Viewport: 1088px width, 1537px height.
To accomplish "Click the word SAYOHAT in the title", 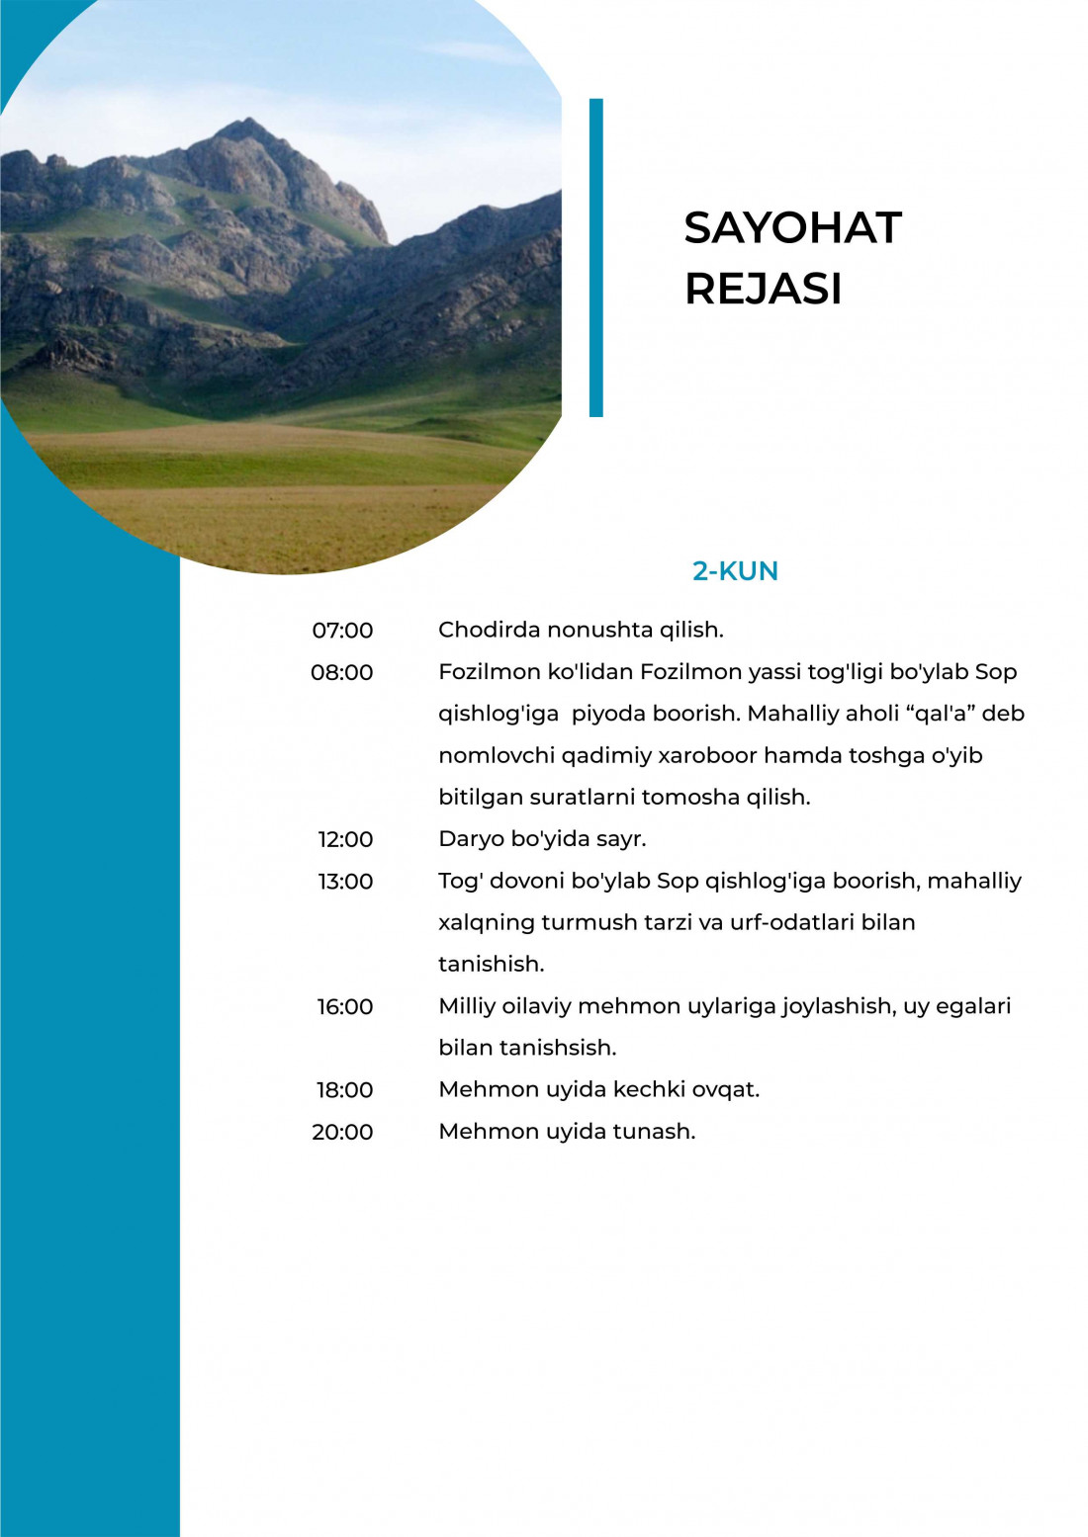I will point(792,228).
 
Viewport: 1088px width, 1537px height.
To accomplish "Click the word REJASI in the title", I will point(763,290).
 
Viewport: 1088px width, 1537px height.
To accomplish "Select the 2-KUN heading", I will point(735,571).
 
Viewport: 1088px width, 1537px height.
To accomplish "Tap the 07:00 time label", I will point(342,631).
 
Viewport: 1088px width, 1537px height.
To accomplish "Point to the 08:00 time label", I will point(342,673).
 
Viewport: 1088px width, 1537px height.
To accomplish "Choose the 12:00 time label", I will point(345,840).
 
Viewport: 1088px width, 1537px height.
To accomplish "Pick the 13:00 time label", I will point(345,882).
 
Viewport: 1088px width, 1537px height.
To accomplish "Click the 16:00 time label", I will point(345,1007).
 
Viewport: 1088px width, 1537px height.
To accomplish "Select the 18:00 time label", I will point(345,1090).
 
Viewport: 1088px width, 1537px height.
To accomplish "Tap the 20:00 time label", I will point(342,1133).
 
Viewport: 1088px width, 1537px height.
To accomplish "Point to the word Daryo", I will point(471,839).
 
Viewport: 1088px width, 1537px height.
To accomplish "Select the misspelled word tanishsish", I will point(558,1048).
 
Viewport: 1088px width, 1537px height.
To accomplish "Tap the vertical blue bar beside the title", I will point(595,257).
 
